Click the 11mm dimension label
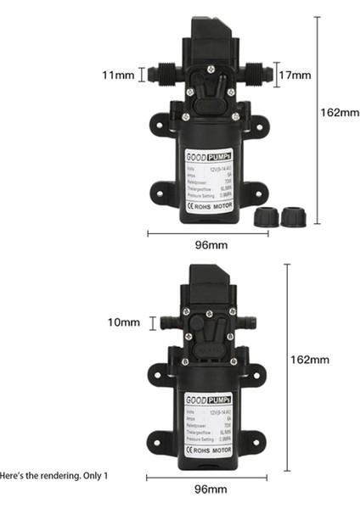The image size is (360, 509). tap(118, 76)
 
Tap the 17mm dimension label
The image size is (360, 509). tap(295, 75)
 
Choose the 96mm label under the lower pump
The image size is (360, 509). tap(210, 489)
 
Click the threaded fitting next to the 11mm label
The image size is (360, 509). tap(158, 75)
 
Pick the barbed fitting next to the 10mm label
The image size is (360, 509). tap(166, 322)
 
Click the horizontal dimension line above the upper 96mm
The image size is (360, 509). tap(207, 232)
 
